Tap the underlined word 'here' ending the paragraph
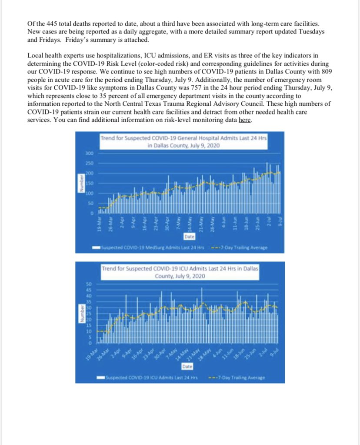(245, 120)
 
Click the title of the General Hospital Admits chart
(183, 142)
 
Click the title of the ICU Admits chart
(180, 272)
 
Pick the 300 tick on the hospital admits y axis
(89, 154)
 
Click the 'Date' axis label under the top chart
(189, 237)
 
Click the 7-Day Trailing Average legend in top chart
(239, 248)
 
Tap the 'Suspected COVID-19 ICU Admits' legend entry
(147, 378)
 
